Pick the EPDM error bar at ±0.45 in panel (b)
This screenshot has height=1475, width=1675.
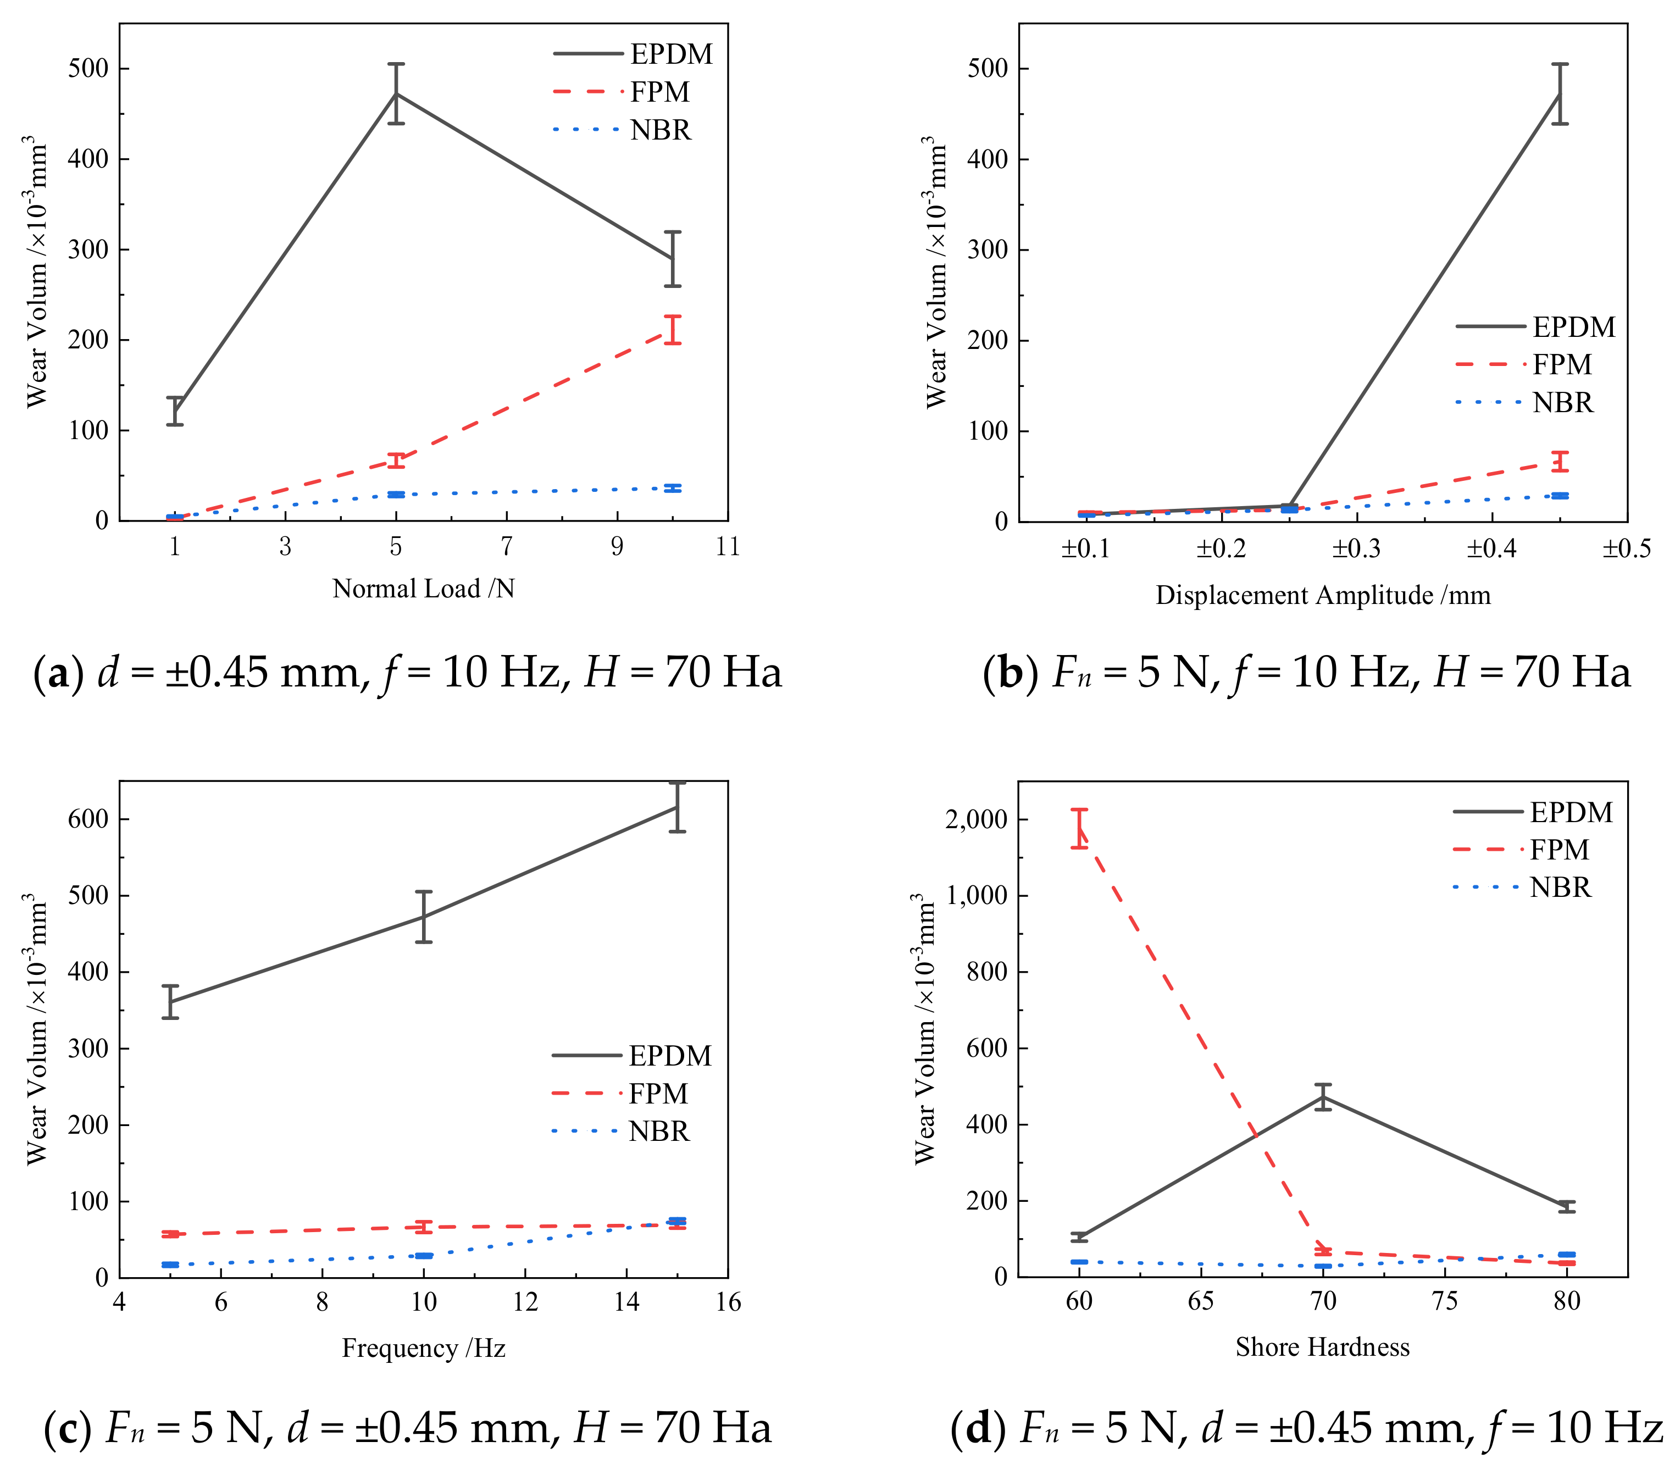(x=1560, y=93)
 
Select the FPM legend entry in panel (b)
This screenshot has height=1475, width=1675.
(x=1561, y=364)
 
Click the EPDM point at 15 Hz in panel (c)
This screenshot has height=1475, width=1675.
(x=677, y=807)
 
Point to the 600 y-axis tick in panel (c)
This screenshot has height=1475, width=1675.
(x=88, y=819)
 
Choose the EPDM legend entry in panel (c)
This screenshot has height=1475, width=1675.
(x=669, y=1056)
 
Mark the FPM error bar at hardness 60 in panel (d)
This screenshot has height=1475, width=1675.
(x=1079, y=829)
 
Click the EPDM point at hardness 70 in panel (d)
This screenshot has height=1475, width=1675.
(x=1323, y=1096)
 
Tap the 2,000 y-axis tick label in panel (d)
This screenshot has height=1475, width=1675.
(x=976, y=819)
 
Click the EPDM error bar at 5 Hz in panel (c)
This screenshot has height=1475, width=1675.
(x=170, y=1001)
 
